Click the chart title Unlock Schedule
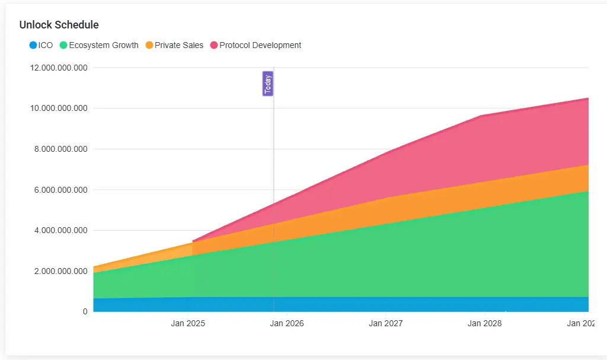[59, 25]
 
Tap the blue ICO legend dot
[33, 45]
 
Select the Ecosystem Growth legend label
[104, 45]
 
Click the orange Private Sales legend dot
[149, 45]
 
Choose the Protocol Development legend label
[260, 45]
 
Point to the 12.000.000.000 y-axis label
[59, 68]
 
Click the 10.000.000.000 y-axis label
[59, 109]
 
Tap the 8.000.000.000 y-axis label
[61, 149]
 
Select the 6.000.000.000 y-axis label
[61, 190]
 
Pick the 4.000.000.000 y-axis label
[61, 231]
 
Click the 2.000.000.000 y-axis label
[61, 271]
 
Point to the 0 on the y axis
[85, 311]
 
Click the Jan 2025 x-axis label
[188, 323]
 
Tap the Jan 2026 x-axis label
[287, 323]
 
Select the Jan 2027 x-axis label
[386, 323]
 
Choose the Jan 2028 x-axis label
[485, 323]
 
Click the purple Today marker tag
[268, 84]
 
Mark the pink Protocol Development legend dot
[214, 45]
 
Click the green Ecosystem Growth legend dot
[63, 45]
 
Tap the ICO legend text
[46, 45]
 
